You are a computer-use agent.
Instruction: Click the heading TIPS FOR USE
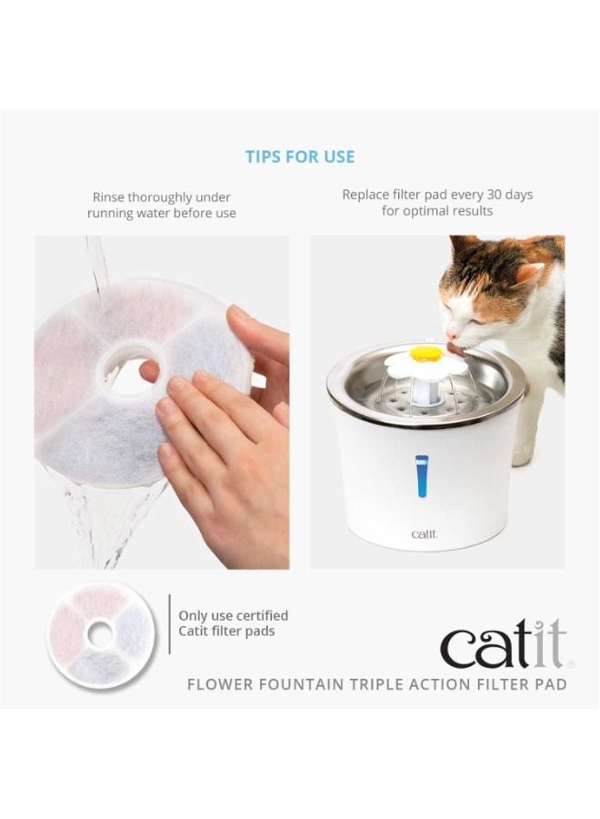[300, 157]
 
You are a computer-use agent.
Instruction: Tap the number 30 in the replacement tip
[494, 195]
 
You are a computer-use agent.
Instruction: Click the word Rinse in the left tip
[108, 197]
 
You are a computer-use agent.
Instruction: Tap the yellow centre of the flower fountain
[424, 354]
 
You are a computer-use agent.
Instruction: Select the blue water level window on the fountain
[422, 476]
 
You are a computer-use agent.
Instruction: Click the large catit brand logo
[504, 643]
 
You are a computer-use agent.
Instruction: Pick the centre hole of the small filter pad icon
[100, 634]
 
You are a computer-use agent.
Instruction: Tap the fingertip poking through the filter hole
[149, 371]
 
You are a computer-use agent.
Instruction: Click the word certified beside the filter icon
[262, 615]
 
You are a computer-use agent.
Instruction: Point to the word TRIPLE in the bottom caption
[375, 683]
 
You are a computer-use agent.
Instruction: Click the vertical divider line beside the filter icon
[170, 623]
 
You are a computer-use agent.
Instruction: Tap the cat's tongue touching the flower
[457, 351]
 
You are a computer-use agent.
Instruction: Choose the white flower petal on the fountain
[425, 364]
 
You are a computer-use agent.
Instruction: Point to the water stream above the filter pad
[97, 264]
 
